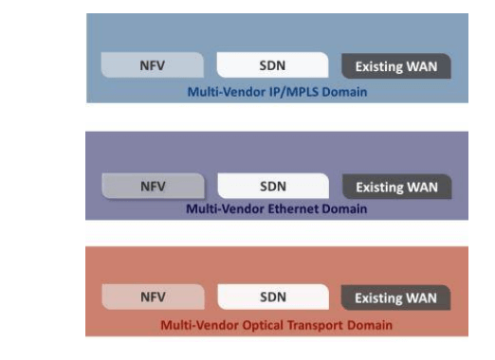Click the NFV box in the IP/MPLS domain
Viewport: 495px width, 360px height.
[153, 66]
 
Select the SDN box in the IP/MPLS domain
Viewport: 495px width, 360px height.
[273, 66]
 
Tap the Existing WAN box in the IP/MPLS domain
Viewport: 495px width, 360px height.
[396, 67]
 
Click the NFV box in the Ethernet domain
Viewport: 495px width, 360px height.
[153, 186]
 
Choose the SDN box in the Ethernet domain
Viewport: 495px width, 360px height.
[273, 186]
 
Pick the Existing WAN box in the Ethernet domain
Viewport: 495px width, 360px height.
[396, 187]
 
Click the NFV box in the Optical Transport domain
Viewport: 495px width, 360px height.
[153, 297]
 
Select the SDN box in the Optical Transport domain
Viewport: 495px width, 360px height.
[273, 297]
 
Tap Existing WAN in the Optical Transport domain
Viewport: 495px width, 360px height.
[396, 297]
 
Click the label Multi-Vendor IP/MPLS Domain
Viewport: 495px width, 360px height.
[275, 91]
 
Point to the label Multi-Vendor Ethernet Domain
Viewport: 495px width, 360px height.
[275, 207]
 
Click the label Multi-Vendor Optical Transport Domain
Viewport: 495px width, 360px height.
[275, 325]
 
